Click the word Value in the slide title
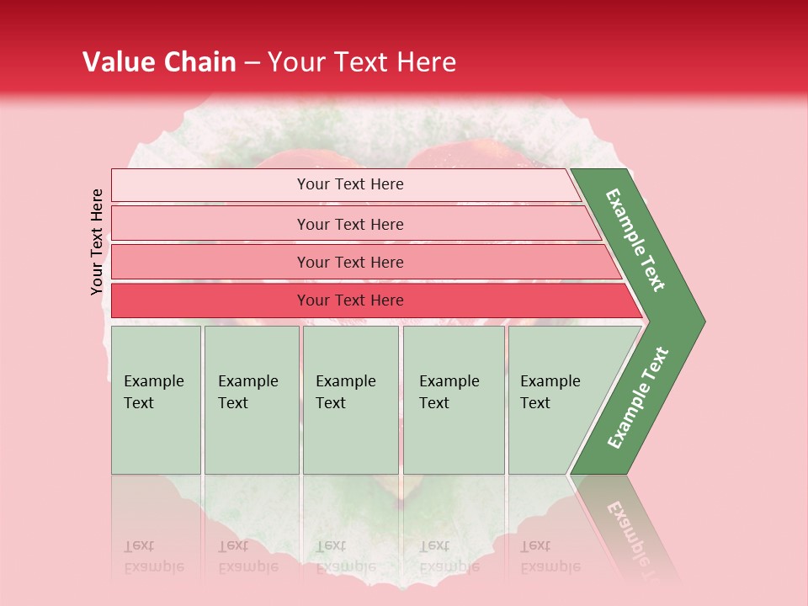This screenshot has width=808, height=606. click(x=120, y=62)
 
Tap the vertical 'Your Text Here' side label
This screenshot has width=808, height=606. click(x=97, y=242)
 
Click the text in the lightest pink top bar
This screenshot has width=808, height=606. click(x=350, y=184)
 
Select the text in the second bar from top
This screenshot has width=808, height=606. click(x=350, y=224)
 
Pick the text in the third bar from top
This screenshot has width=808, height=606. click(x=350, y=262)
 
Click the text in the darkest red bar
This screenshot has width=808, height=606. click(x=350, y=300)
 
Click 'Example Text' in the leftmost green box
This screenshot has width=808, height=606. click(x=153, y=391)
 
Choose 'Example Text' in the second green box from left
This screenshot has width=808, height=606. click(x=247, y=391)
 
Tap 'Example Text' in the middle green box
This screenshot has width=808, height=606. click(x=345, y=391)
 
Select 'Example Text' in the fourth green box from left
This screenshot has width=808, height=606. click(x=449, y=391)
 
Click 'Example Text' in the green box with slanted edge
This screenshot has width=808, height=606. click(x=550, y=391)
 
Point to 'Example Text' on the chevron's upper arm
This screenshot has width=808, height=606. click(x=636, y=240)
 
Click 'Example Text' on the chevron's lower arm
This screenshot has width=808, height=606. click(x=637, y=398)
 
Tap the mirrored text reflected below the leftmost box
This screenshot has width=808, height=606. click(x=153, y=556)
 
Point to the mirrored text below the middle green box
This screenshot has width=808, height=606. click(x=345, y=556)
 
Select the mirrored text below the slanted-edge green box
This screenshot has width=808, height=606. click(x=550, y=556)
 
